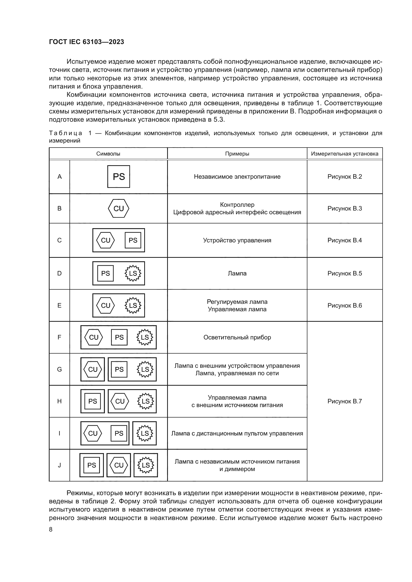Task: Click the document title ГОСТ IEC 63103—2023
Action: [x=86, y=42]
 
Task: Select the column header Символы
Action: [x=108, y=154]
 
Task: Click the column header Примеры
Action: [x=237, y=154]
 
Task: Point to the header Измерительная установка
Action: [x=344, y=154]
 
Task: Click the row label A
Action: [x=59, y=177]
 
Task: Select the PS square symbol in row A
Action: [x=119, y=177]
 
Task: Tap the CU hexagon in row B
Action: [x=119, y=208]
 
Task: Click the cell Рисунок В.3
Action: [x=344, y=208]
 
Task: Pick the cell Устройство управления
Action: [x=237, y=240]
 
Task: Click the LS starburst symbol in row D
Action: [x=133, y=273]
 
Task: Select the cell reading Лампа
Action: [x=237, y=273]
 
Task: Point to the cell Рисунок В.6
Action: [x=344, y=306]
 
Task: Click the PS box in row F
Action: [x=119, y=337]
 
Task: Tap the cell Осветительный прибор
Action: [x=237, y=337]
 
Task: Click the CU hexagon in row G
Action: [x=93, y=369]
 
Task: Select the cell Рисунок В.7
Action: [x=344, y=401]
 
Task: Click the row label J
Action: [x=59, y=465]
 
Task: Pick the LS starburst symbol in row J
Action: [x=146, y=465]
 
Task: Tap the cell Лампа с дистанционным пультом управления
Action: [x=237, y=433]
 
